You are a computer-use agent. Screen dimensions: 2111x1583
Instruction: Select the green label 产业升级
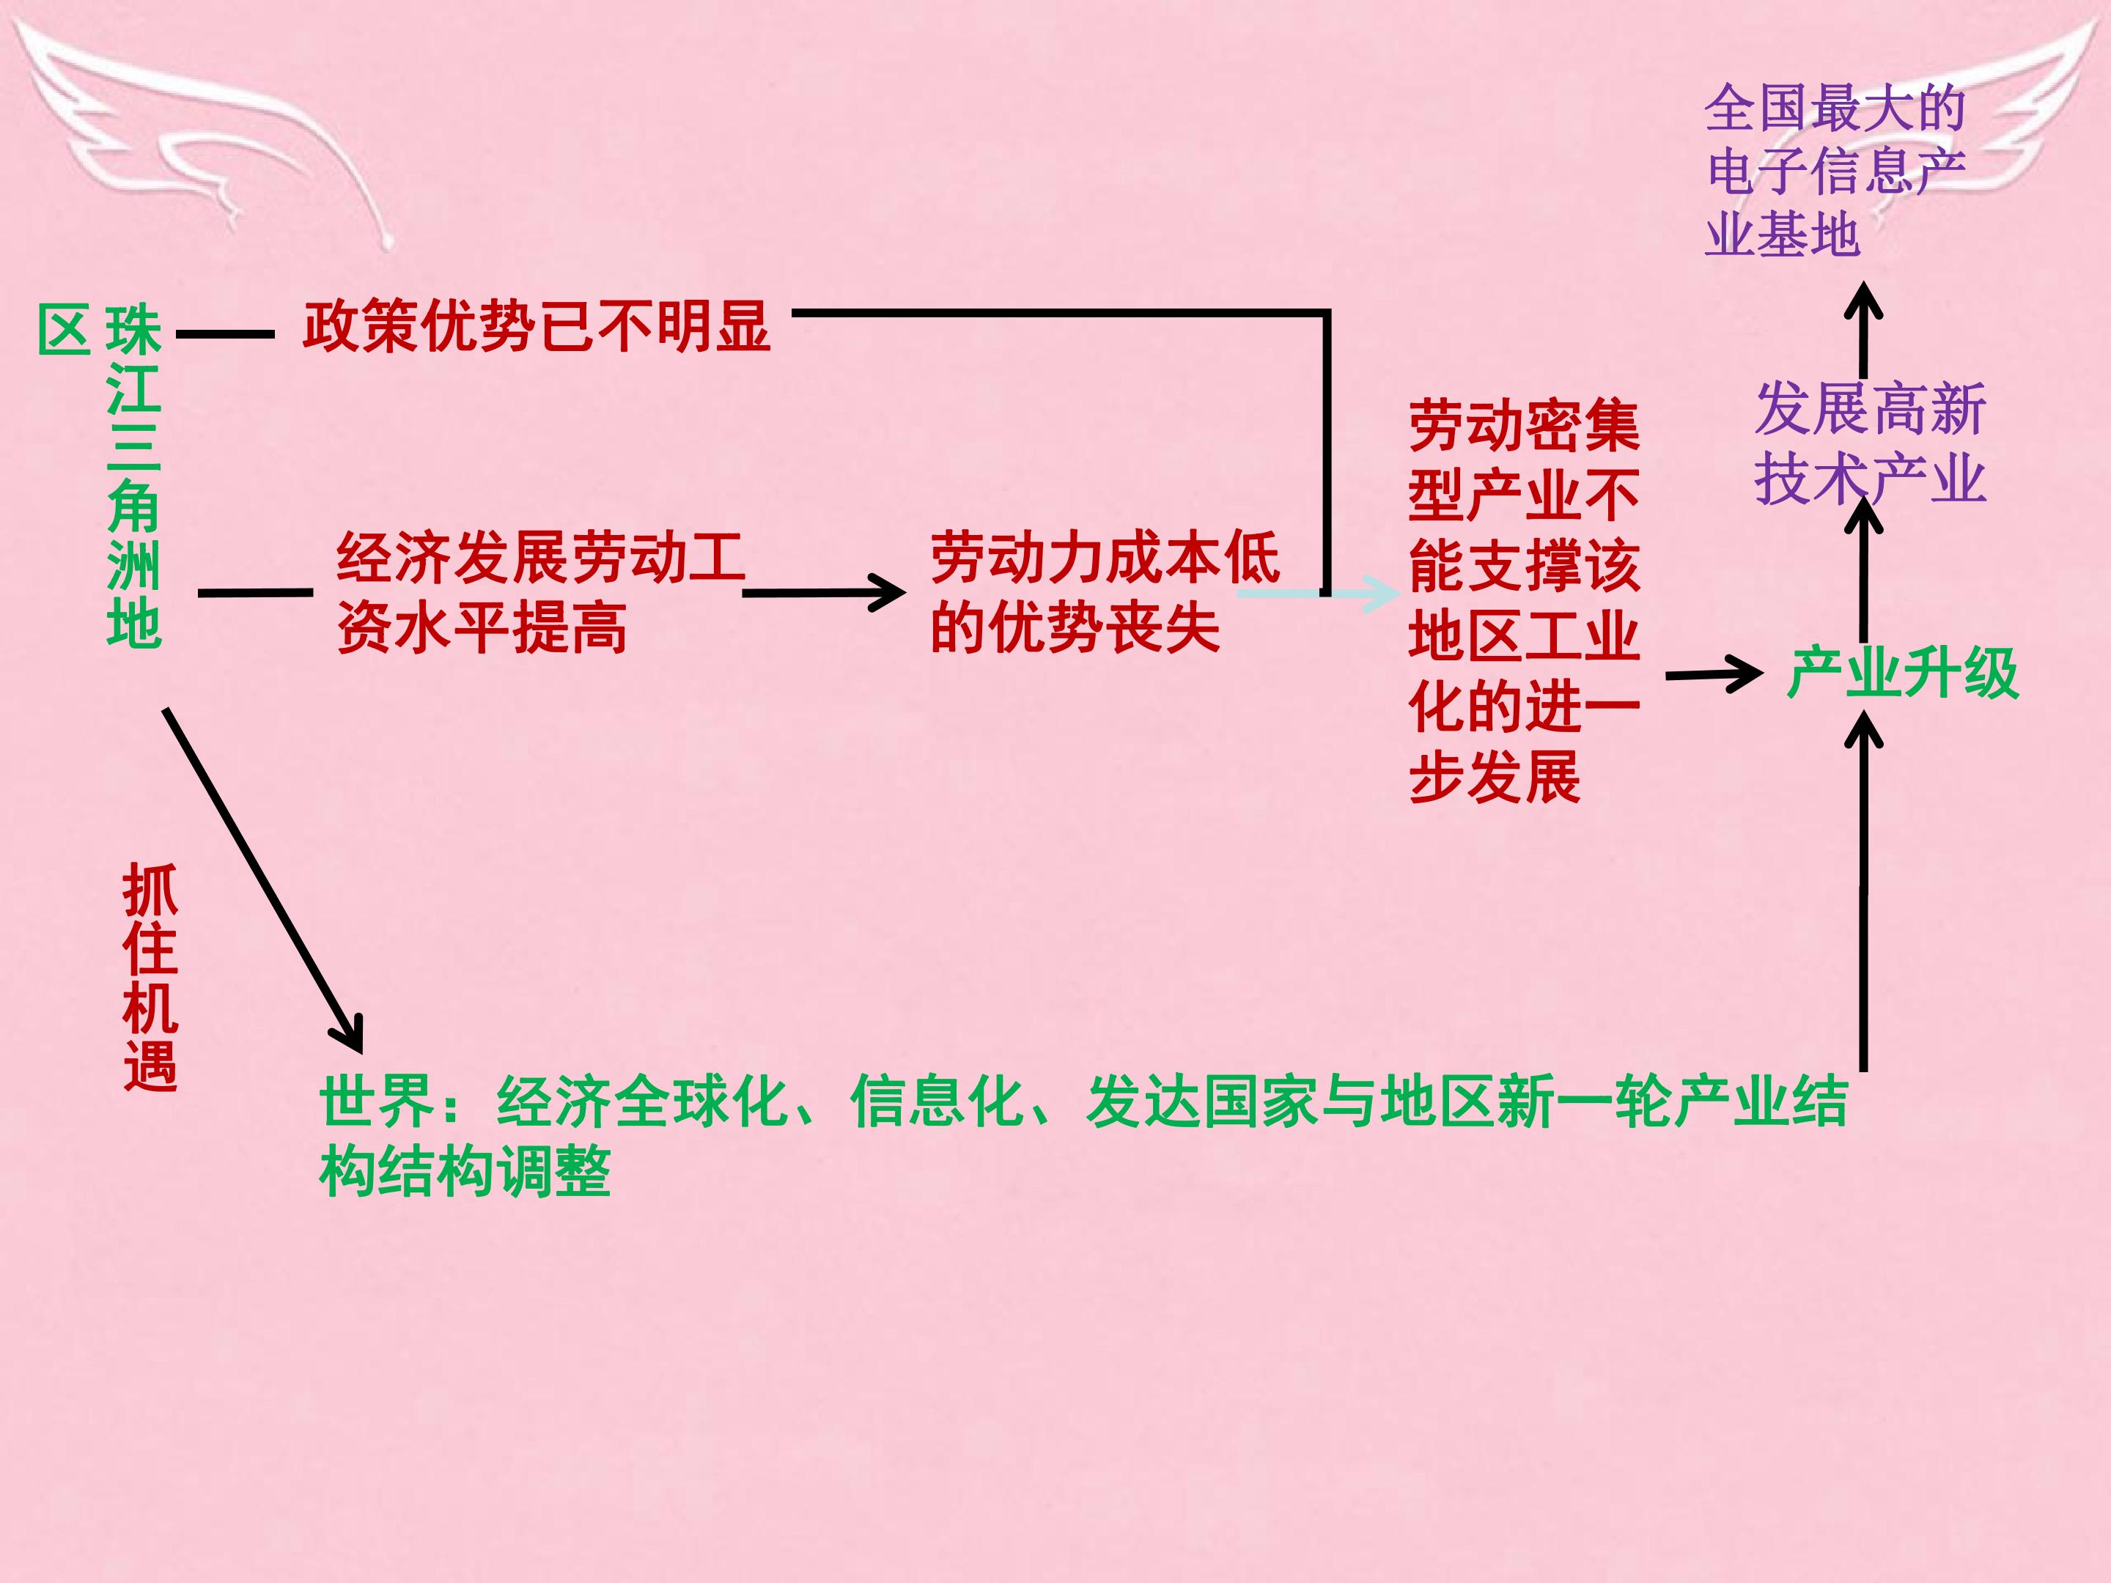(1903, 673)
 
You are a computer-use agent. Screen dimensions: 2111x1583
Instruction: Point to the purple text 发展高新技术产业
(1871, 443)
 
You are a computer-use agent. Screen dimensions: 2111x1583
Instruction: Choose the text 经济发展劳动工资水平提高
(541, 593)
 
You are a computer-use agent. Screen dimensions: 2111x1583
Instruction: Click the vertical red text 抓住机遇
(150, 977)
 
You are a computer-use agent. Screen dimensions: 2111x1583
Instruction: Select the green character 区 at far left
(65, 330)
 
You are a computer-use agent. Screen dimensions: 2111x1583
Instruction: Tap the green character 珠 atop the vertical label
(133, 330)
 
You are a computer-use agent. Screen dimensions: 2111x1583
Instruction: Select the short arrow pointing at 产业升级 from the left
(1714, 675)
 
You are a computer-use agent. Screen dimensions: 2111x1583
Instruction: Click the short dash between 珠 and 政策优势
(225, 335)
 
